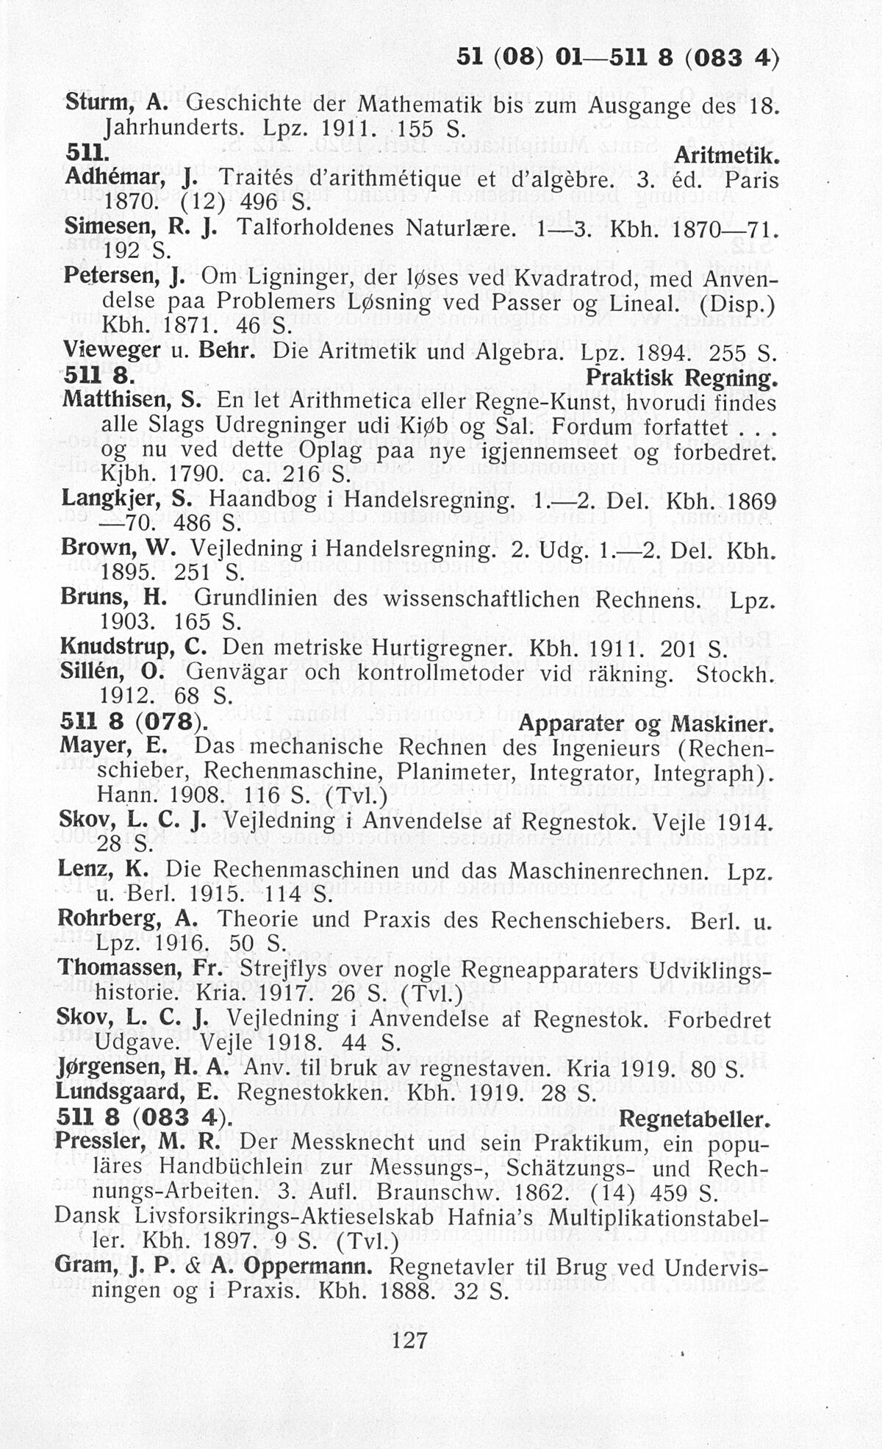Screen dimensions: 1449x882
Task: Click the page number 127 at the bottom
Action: [x=410, y=1339]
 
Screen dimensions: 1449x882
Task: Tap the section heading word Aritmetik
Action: [x=725, y=156]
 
